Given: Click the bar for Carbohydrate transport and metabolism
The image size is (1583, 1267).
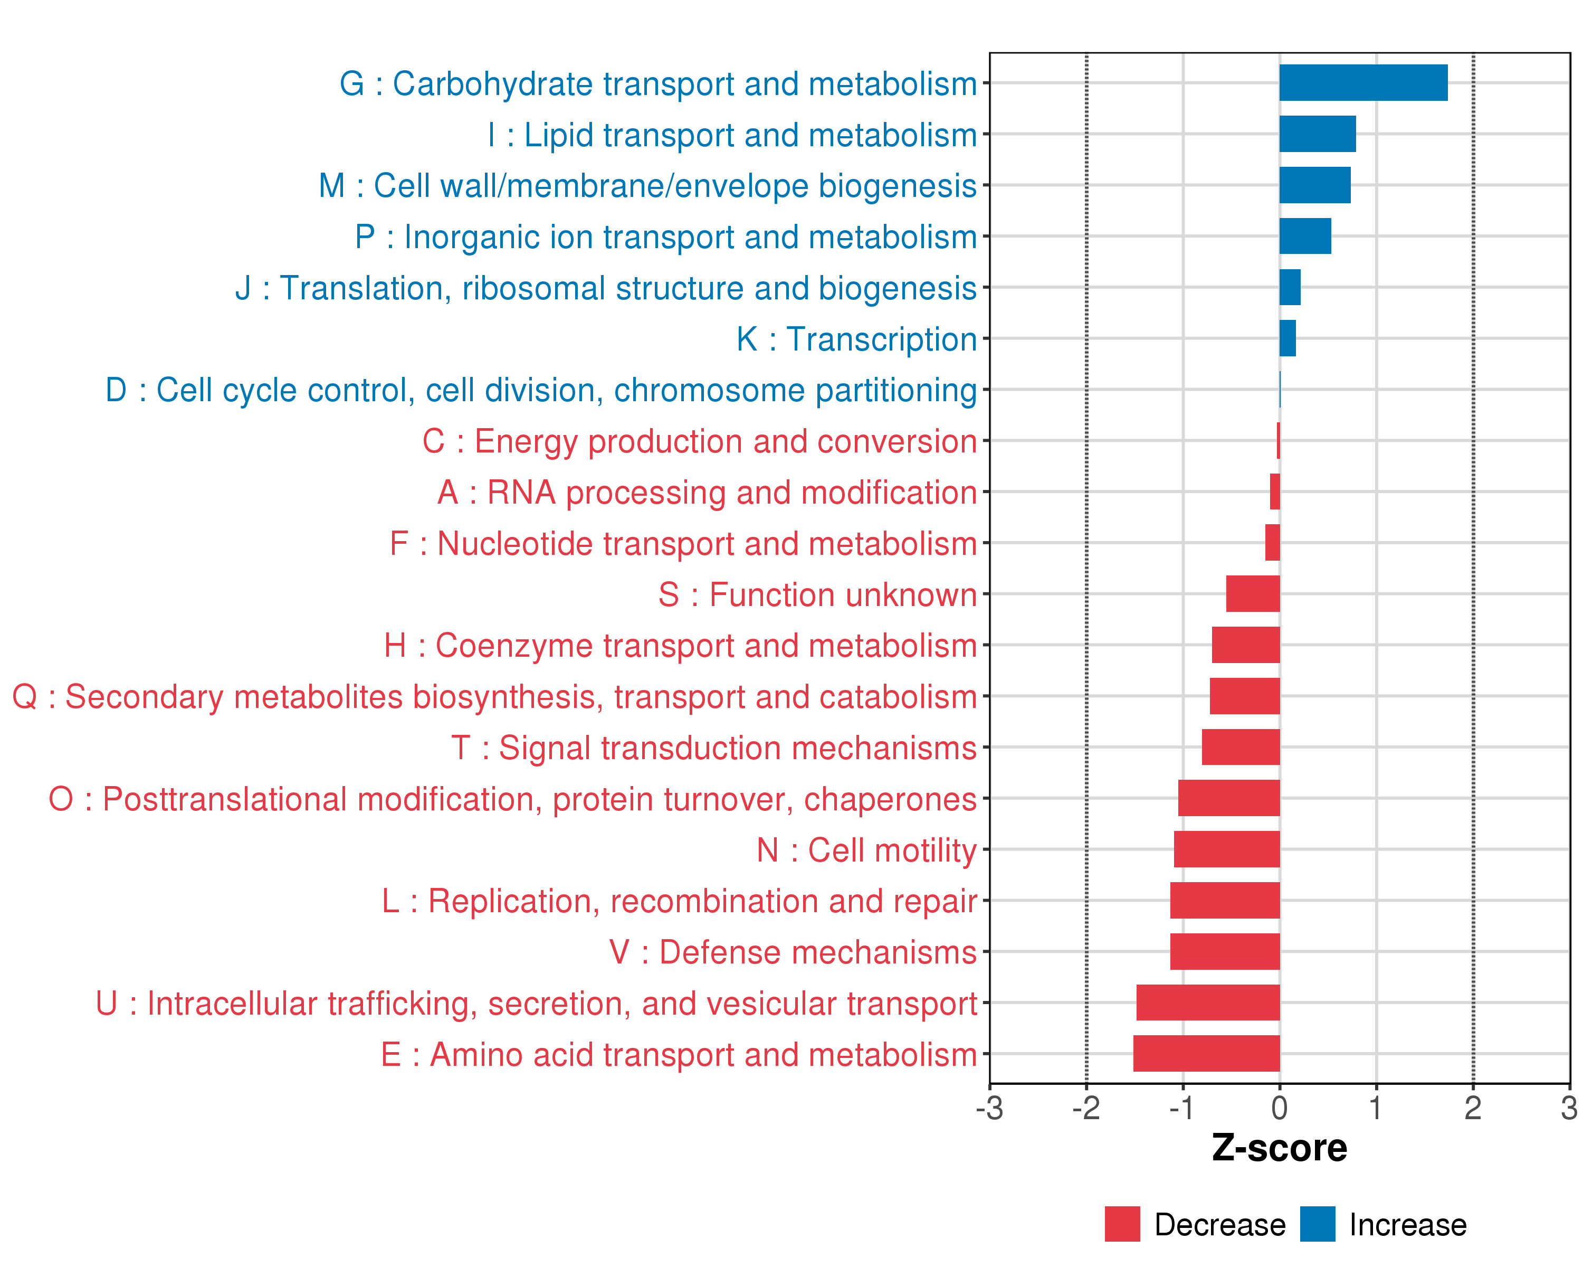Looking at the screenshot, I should click(1363, 82).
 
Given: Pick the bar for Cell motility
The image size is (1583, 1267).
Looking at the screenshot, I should click(1226, 849).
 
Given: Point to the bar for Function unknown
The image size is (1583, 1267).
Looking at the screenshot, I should click(1253, 593).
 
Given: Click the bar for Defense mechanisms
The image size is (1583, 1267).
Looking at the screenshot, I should click(1225, 951).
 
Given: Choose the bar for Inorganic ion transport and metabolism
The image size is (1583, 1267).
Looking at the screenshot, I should click(1305, 236).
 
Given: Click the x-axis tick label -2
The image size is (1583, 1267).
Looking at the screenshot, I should click(1086, 1108).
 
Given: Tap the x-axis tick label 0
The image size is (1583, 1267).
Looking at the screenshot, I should click(1279, 1108).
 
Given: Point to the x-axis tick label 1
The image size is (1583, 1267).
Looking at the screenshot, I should click(1376, 1108).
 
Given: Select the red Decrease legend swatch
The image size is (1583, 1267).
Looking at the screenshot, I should click(1122, 1224).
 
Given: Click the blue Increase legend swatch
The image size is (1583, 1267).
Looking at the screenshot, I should click(1317, 1224).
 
